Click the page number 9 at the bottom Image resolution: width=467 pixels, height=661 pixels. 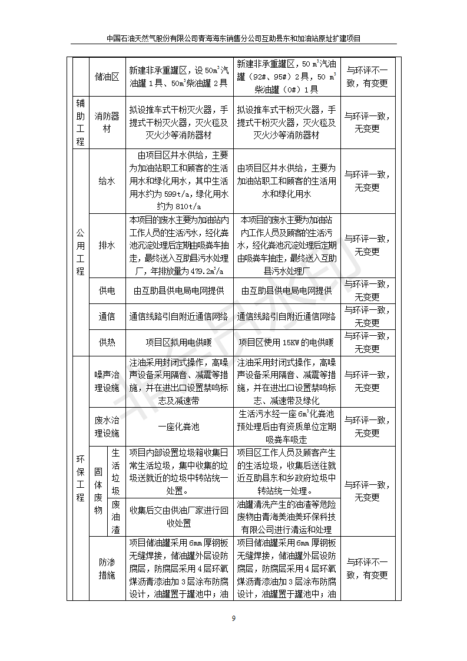tap(234, 618)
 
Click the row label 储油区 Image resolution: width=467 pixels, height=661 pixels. tap(107, 77)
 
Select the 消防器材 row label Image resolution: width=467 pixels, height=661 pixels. tap(107, 123)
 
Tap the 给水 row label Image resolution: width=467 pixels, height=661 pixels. tap(107, 181)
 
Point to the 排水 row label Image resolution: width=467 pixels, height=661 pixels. tap(107, 245)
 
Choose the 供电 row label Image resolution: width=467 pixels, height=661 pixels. tap(107, 290)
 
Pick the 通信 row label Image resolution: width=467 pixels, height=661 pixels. tap(107, 316)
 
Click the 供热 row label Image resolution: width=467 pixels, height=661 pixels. tap(107, 342)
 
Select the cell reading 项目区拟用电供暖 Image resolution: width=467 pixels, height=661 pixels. tap(179, 342)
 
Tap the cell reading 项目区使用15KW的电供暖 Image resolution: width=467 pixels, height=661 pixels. tap(286, 342)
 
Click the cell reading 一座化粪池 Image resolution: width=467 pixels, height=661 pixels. tap(179, 427)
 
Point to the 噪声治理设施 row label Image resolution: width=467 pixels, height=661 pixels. tap(107, 381)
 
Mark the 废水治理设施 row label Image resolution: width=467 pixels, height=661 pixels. tap(107, 427)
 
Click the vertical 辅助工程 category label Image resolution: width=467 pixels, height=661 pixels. tap(80, 123)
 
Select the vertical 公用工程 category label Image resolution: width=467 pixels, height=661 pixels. tap(80, 245)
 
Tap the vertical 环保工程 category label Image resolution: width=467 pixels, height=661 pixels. tap(80, 477)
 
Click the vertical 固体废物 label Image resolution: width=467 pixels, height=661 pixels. tap(98, 491)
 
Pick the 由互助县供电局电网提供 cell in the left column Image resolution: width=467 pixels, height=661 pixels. tap(179, 290)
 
